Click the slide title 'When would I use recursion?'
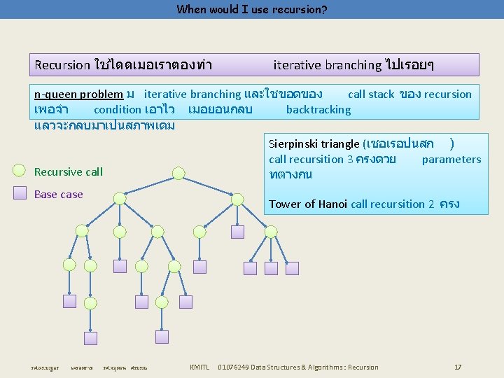(252, 10)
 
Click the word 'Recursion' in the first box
(62, 65)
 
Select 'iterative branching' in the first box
(327, 65)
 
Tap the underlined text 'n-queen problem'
(79, 94)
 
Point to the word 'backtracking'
(318, 109)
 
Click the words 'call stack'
(371, 94)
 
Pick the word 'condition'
(117, 110)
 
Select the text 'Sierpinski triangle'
(314, 144)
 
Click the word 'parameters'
(451, 160)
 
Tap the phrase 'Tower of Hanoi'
(308, 204)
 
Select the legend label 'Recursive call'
(68, 172)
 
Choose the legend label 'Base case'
(58, 195)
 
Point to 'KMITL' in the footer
(199, 367)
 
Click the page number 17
(458, 367)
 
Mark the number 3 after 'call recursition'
(349, 160)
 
